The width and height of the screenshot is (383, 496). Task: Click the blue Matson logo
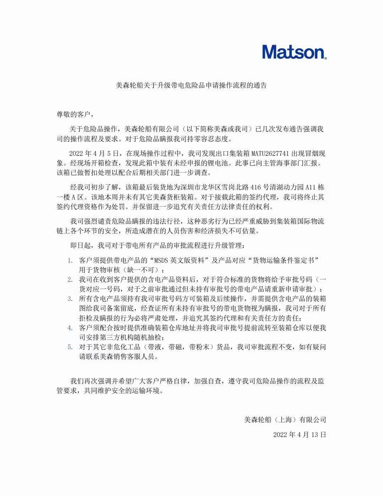click(294, 52)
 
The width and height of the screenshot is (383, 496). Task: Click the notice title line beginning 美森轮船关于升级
click(191, 86)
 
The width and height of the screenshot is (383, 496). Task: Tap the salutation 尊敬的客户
click(74, 114)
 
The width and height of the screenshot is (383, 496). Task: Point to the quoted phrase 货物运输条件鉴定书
click(283, 261)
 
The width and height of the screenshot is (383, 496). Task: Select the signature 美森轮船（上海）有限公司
click(285, 420)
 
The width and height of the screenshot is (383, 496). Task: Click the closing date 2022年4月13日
click(299, 435)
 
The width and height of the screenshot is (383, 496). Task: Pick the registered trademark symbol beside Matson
click(325, 58)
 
